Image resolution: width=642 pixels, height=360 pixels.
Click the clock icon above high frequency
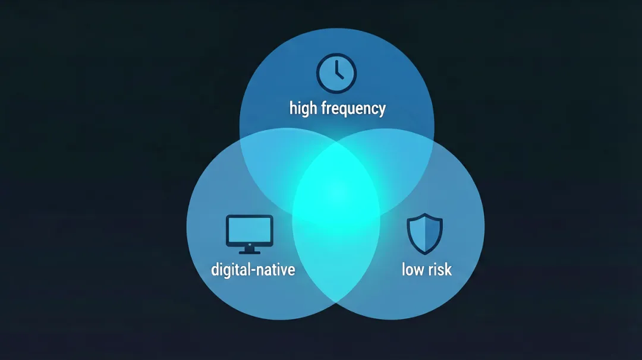pyautogui.click(x=336, y=73)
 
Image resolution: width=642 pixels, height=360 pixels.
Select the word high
pyautogui.click(x=303, y=109)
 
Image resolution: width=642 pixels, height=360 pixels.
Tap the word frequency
pyautogui.click(x=353, y=109)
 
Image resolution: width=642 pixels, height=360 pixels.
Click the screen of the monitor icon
pyautogui.click(x=249, y=229)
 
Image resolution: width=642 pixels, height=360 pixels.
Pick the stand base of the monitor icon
pyautogui.click(x=249, y=252)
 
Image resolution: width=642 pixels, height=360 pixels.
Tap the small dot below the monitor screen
pyautogui.click(x=249, y=245)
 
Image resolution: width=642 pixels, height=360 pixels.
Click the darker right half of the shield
pyautogui.click(x=432, y=233)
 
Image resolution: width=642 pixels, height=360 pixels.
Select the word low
pyautogui.click(x=413, y=270)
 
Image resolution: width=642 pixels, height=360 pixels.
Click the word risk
pyautogui.click(x=440, y=270)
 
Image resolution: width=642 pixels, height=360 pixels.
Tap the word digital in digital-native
pyautogui.click(x=231, y=270)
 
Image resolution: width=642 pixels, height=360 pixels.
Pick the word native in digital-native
pyautogui.click(x=277, y=270)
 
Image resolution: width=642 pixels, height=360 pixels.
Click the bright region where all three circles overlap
pyautogui.click(x=336, y=184)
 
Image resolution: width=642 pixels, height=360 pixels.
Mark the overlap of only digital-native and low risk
pyautogui.click(x=336, y=262)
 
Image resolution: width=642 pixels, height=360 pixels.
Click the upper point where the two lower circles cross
pyautogui.click(x=336, y=141)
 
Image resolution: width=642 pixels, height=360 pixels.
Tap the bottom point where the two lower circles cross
pyautogui.click(x=336, y=303)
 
